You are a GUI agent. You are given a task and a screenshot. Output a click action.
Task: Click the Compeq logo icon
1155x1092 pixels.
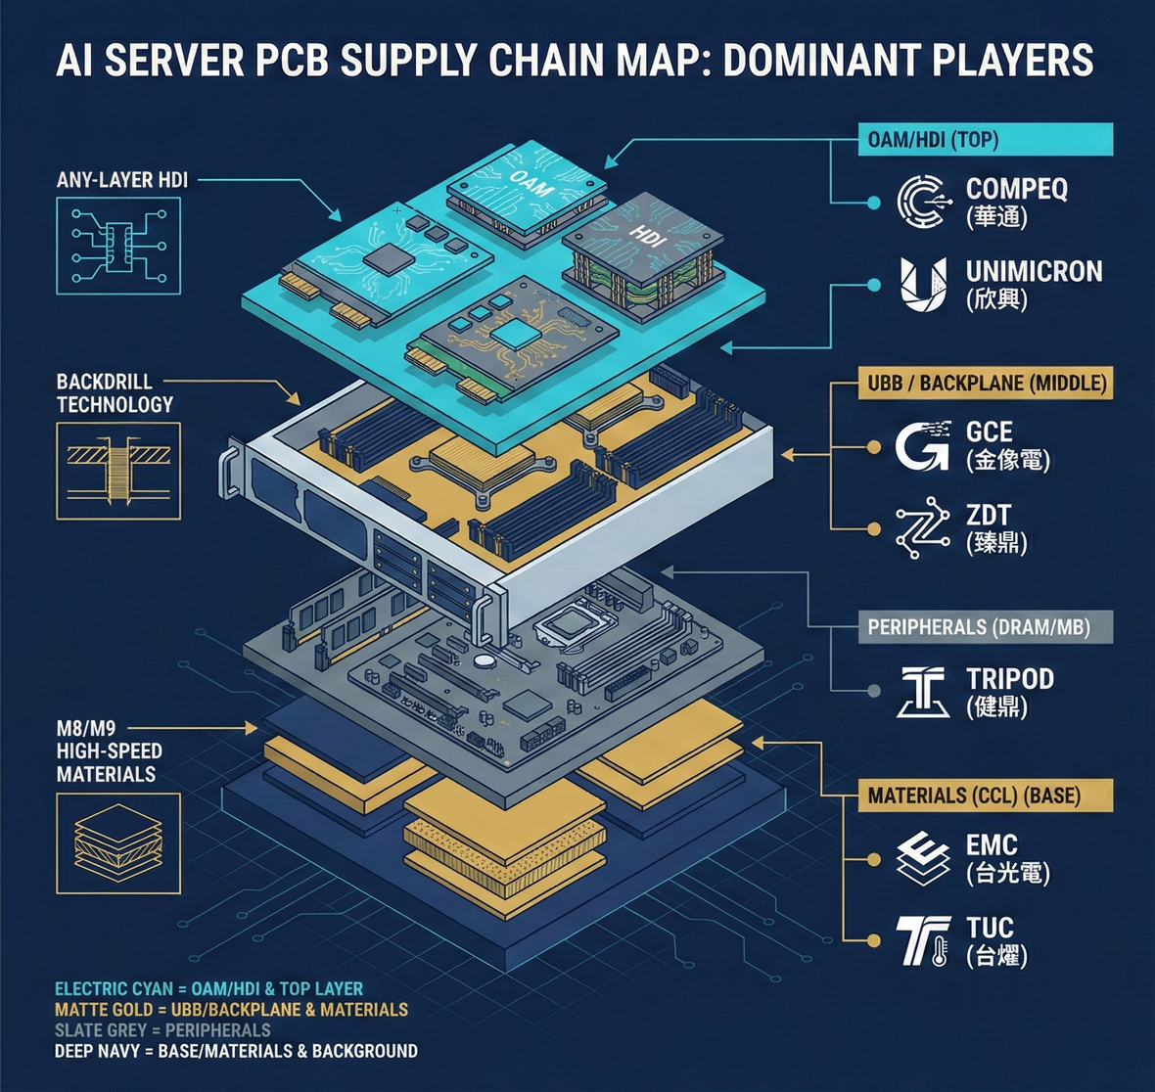[x=923, y=201]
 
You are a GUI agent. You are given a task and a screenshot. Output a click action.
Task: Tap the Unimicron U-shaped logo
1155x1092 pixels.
[x=923, y=285]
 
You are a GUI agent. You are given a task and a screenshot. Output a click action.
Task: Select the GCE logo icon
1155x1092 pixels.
[x=922, y=445]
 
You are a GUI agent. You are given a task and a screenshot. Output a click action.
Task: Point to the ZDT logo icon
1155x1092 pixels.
[x=922, y=527]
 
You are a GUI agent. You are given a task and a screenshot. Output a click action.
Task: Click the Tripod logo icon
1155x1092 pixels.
[x=923, y=691]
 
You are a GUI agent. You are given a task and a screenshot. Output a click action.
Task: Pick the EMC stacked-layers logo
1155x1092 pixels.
[x=923, y=857]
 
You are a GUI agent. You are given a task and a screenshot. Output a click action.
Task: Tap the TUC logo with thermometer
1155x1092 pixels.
[x=923, y=940]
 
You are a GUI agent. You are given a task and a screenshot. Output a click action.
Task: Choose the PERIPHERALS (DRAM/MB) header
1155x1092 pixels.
[x=979, y=626]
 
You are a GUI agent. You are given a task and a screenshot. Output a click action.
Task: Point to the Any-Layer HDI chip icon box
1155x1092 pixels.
[x=118, y=245]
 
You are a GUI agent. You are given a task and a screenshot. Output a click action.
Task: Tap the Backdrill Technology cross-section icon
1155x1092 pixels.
[x=118, y=463]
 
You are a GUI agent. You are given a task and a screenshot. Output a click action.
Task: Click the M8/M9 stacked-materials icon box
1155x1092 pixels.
[x=118, y=842]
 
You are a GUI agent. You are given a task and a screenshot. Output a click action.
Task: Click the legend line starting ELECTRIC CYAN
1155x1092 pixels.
[x=208, y=989]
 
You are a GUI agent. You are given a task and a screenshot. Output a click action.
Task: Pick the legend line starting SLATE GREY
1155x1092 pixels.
[x=162, y=1030]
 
